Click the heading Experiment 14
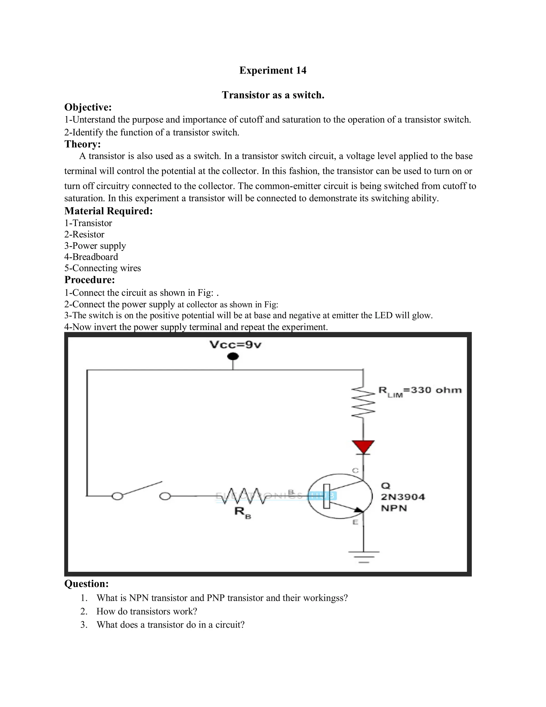pos(273,70)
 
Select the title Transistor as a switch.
pos(273,95)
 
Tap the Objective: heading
pos(88,107)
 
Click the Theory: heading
pos(82,144)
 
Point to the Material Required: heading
pos(108,211)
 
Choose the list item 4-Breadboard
pos(91,257)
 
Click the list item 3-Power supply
pos(95,246)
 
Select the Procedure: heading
pos(90,280)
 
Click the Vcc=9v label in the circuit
pos(235,345)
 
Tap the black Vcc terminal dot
pos(233,357)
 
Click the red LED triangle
pos(363,447)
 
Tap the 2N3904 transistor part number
pos(403,497)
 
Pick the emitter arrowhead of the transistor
pos(358,510)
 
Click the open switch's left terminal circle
pos(117,496)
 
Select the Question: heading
pos(86,584)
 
